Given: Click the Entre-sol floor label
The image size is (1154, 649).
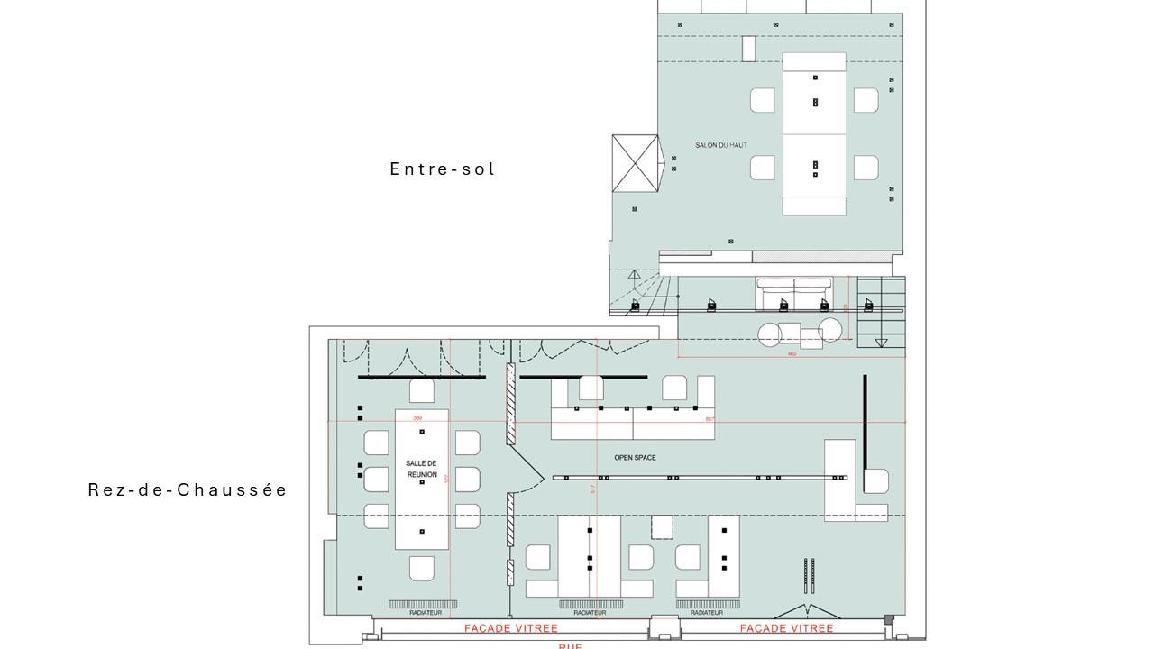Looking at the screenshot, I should point(443,169).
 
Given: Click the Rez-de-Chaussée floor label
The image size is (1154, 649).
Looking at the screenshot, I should point(188,490).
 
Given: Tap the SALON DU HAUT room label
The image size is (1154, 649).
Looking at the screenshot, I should point(720,145).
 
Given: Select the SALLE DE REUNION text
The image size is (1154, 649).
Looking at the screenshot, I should point(421,469).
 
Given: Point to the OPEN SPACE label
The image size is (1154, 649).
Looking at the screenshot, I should point(635,458).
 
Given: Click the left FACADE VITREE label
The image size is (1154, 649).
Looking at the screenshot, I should point(510,628).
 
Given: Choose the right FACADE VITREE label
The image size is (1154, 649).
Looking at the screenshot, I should point(786,628).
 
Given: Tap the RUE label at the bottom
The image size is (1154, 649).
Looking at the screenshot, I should point(570,645).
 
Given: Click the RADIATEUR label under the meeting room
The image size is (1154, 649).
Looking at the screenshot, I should point(425,613).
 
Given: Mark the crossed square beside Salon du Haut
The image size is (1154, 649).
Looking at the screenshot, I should point(635,163).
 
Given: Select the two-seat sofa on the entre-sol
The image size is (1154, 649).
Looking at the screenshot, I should point(793,294).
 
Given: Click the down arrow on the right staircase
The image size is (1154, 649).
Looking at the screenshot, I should point(881,343).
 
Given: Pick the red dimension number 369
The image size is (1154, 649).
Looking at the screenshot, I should point(417,418).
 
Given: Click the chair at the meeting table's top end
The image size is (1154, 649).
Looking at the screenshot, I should point(422,391).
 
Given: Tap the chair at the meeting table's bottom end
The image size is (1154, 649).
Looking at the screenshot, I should point(422,568).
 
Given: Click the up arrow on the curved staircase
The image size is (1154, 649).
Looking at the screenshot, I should point(635,275).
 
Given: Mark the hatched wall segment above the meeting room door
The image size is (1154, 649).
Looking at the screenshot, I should point(510,403).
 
